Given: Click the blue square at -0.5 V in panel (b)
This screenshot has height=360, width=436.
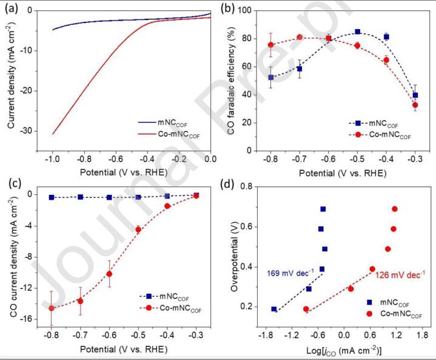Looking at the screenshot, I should (357, 32).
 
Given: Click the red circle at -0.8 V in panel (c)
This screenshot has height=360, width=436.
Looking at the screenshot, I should (52, 308).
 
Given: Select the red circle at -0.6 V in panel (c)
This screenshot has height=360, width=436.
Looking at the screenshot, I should (109, 274).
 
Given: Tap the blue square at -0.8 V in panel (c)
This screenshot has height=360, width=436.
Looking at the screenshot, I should (52, 197).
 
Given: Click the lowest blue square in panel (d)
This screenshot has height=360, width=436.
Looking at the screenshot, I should (274, 309).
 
